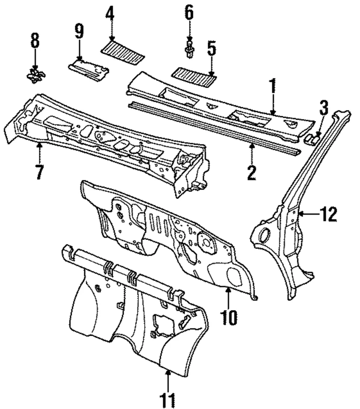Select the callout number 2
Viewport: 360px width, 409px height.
coord(252,173)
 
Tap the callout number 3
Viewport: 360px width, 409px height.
coord(324,108)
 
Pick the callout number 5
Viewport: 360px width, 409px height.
coord(212,49)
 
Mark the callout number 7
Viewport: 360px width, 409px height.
coord(39,172)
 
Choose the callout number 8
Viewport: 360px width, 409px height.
coord(35,41)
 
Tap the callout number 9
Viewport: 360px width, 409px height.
coord(79,32)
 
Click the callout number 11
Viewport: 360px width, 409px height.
coord(168,399)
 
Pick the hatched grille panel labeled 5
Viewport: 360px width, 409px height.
coord(193,76)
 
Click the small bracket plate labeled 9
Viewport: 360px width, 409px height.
coord(89,69)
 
